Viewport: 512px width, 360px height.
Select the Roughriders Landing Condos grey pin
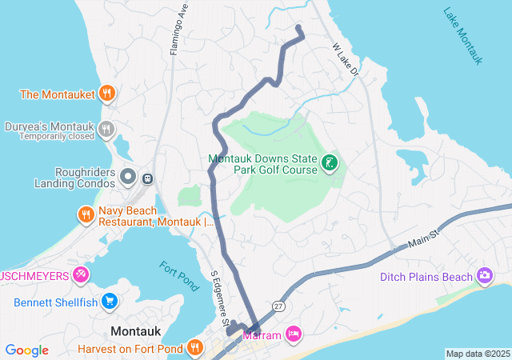pyautogui.click(x=128, y=175)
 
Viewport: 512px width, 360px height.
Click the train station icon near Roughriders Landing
pyautogui.click(x=148, y=176)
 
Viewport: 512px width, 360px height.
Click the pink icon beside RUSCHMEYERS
pyautogui.click(x=81, y=276)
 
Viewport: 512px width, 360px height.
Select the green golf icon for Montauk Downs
pyautogui.click(x=328, y=164)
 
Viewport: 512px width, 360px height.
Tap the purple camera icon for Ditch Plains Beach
pyautogui.click(x=484, y=276)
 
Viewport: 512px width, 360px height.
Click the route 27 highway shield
pyautogui.click(x=278, y=306)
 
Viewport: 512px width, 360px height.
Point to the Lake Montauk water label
pyautogui.click(x=465, y=35)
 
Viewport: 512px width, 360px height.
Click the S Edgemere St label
pyautogui.click(x=219, y=295)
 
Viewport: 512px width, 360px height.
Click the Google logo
pyautogui.click(x=27, y=350)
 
